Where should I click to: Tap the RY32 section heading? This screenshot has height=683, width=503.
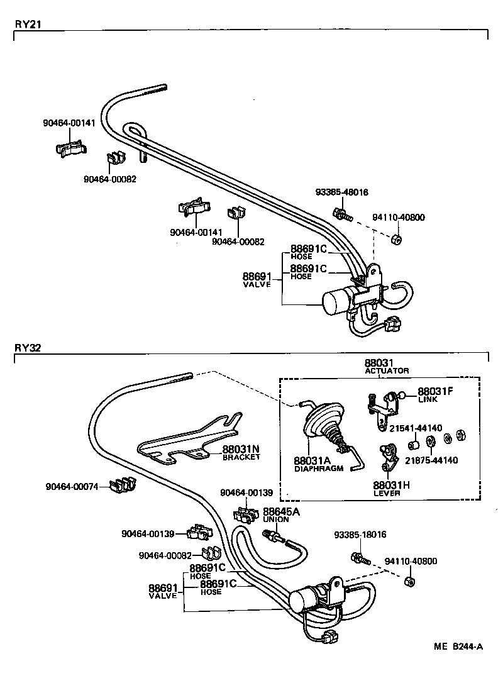click(28, 347)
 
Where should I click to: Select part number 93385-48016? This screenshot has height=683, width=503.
click(341, 192)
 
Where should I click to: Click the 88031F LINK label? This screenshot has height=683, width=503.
click(435, 394)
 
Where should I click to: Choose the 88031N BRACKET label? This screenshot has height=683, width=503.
click(241, 453)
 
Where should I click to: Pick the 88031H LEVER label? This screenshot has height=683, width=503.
click(391, 488)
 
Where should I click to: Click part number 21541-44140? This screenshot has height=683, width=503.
click(416, 429)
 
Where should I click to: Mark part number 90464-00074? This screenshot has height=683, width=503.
click(72, 486)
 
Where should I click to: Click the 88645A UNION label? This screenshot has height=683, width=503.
click(281, 514)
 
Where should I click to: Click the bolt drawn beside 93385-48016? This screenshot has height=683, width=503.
click(342, 213)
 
